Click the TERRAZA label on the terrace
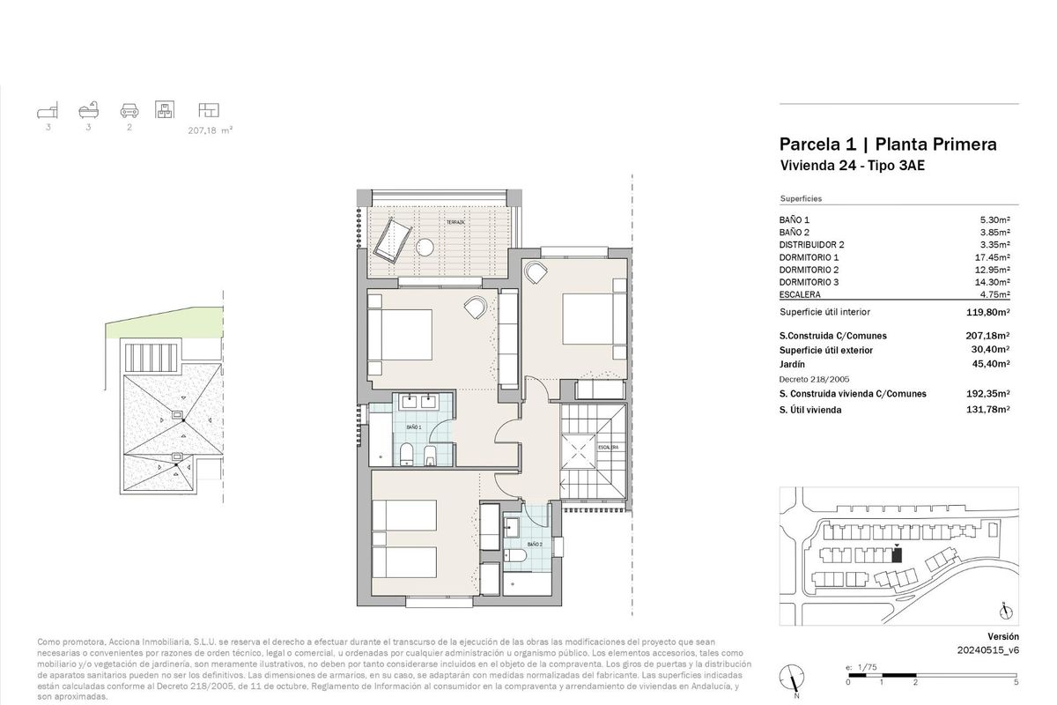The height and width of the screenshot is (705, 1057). point(455,222)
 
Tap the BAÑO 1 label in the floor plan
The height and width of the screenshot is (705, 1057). point(414,427)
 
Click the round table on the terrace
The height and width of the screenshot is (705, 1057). point(426,248)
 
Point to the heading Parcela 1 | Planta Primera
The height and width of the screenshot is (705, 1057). point(888,145)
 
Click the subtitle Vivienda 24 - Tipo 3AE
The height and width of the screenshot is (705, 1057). point(851,166)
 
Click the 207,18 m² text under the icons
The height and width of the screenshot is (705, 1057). point(210,130)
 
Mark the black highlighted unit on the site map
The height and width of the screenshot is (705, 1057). point(897,553)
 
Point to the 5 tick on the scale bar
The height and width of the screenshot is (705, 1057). point(1016,682)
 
